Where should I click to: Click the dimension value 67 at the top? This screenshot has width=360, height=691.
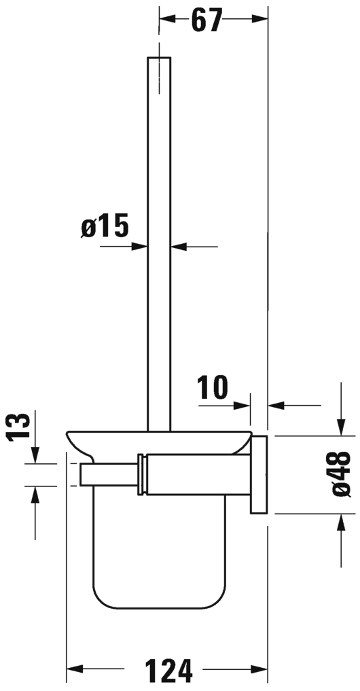click(206, 21)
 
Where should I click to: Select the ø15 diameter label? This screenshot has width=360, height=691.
click(105, 226)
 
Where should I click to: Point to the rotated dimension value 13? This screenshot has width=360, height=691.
click(21, 428)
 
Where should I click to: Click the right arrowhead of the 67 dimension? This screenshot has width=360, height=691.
click(262, 21)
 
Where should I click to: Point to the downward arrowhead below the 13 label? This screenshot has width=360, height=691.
click(35, 457)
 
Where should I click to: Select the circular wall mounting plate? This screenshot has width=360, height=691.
click(260, 474)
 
